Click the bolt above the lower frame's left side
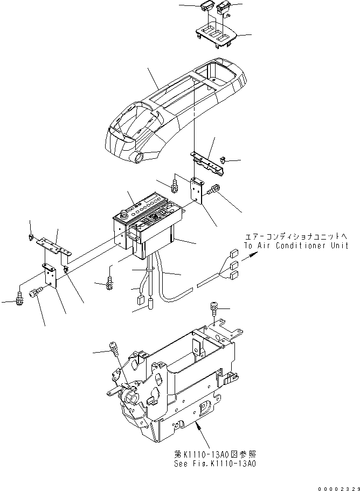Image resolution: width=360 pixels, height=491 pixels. [x=114, y=348]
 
